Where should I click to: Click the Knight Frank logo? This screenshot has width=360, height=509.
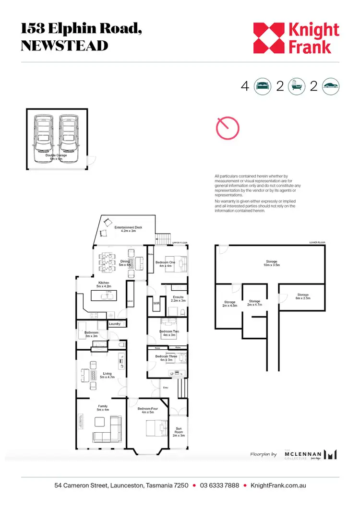click(296, 38)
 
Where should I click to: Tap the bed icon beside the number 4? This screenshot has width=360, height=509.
click(262, 86)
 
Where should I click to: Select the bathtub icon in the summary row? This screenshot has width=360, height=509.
click(296, 86)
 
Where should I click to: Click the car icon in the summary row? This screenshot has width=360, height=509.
click(331, 86)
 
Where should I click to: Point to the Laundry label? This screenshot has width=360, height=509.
click(115, 324)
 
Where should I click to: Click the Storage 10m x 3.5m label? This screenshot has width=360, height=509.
click(272, 263)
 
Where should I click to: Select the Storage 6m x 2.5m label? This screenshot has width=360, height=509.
click(302, 296)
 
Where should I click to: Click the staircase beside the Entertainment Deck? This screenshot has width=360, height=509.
click(164, 238)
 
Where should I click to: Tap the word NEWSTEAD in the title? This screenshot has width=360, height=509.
click(64, 46)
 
